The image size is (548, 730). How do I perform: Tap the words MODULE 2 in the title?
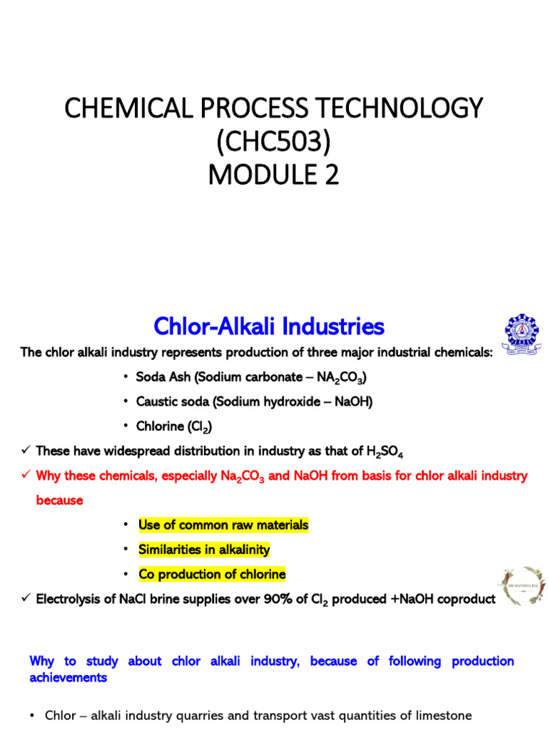point(274,174)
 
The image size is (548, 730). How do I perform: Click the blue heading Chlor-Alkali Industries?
point(269,327)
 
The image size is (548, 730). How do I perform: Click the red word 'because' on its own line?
point(59,500)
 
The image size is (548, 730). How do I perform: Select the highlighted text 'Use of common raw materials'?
point(223,525)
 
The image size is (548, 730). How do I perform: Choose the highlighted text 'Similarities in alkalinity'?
point(204,550)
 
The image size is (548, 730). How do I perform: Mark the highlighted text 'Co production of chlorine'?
point(212,575)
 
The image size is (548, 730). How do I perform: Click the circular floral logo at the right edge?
point(522,587)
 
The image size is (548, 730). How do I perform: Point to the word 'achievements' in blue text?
point(68,677)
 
